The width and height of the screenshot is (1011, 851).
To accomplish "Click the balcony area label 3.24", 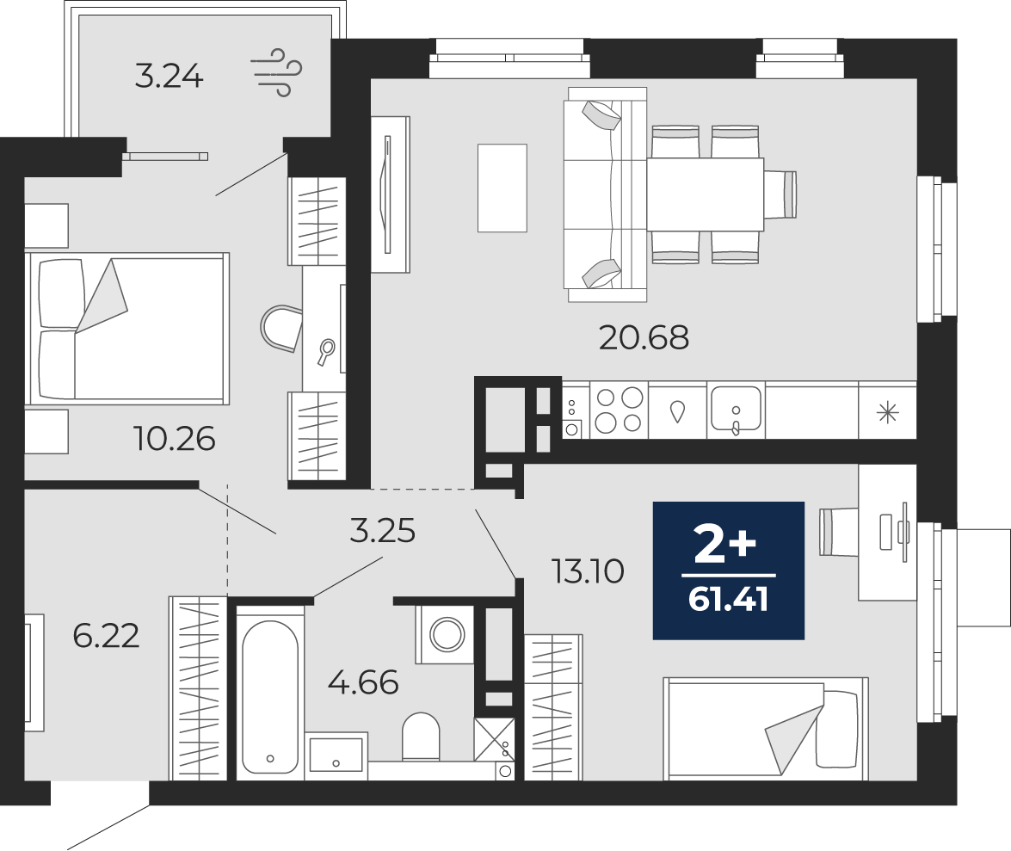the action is pyautogui.click(x=169, y=77).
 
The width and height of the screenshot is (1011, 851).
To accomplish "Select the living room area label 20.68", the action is pyautogui.click(x=644, y=337).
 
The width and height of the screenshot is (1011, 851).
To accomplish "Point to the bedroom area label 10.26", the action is pyautogui.click(x=174, y=439).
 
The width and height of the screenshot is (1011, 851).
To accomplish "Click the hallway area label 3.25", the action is pyautogui.click(x=382, y=531).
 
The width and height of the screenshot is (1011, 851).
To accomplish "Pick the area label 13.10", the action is pyautogui.click(x=588, y=571).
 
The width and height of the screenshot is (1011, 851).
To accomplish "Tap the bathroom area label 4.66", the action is pyautogui.click(x=363, y=682).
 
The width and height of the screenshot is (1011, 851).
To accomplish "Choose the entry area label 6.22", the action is pyautogui.click(x=106, y=637).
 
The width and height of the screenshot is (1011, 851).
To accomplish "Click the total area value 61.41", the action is pyautogui.click(x=729, y=601).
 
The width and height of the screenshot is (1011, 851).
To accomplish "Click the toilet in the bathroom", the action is pyautogui.click(x=421, y=737).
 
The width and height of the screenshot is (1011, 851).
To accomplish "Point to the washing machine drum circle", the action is pyautogui.click(x=447, y=634).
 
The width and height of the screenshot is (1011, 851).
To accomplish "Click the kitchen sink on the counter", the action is pyautogui.click(x=736, y=409).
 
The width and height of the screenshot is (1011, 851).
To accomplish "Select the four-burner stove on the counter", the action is pyautogui.click(x=619, y=410).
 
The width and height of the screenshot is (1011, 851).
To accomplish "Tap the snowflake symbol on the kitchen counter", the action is pyautogui.click(x=888, y=413).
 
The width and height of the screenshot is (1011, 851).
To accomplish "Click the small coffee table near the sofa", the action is pyautogui.click(x=502, y=188).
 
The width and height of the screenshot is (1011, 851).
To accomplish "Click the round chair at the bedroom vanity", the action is pyautogui.click(x=281, y=328).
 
